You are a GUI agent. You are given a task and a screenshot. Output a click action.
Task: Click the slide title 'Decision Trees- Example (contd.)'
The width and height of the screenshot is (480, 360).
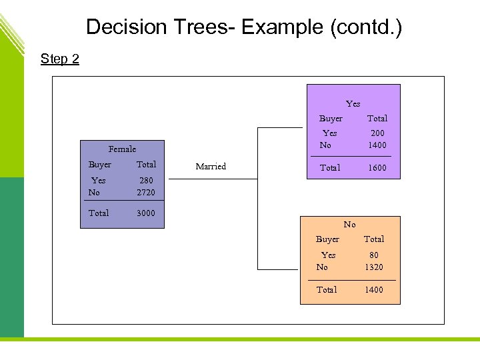[244, 27]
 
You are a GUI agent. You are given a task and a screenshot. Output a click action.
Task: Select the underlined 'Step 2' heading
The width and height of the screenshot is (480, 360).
[60, 59]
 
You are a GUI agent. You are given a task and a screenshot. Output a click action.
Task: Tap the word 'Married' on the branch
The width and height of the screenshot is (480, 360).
[211, 167]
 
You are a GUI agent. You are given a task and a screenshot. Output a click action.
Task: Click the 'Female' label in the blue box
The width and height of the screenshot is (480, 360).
[122, 149]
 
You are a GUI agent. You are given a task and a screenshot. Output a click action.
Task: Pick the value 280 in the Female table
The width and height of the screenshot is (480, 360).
[146, 181]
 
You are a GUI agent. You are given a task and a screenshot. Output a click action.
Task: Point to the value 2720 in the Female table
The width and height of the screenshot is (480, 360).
[146, 193]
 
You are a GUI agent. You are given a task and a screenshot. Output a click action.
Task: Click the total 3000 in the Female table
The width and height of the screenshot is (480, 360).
[146, 213]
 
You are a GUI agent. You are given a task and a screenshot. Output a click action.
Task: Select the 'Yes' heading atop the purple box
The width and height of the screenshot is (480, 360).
[353, 104]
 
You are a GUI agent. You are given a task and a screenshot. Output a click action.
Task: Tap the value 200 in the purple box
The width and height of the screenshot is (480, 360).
[377, 133]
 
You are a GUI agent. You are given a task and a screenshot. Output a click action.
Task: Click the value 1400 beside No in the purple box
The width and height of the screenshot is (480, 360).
[377, 145]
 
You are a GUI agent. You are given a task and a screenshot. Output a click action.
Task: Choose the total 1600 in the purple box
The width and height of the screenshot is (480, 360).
[377, 168]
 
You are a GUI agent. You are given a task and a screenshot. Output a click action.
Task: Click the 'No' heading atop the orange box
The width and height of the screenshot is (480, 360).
[350, 225]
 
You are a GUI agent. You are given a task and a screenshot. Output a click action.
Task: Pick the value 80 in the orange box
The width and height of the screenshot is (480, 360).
[374, 255]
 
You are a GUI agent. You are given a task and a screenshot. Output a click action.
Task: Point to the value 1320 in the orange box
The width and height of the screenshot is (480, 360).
[374, 267]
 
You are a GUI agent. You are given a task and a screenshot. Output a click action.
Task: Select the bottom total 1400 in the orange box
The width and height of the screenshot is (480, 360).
[374, 290]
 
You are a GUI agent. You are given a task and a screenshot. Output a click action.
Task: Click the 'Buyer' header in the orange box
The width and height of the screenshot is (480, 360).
[327, 239]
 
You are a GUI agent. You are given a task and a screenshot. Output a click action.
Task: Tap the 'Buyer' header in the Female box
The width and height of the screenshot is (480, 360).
[100, 165]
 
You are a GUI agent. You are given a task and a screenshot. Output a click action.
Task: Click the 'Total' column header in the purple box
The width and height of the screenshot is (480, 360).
[377, 119]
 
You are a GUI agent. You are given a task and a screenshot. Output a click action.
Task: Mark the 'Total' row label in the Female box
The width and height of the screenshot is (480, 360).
[99, 213]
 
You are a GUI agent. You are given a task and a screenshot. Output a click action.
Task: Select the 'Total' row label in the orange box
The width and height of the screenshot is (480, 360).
[327, 290]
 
